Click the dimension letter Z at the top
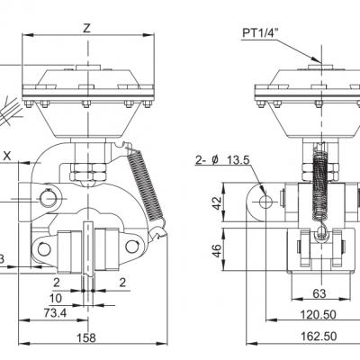click(86, 29)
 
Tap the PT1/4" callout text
click(260, 33)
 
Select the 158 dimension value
click(86, 337)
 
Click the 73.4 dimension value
click(55, 313)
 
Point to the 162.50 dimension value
click(319, 337)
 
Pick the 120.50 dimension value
click(318, 315)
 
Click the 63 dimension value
click(319, 293)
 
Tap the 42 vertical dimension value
click(217, 202)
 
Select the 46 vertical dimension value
click(217, 251)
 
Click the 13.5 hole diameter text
click(238, 160)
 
